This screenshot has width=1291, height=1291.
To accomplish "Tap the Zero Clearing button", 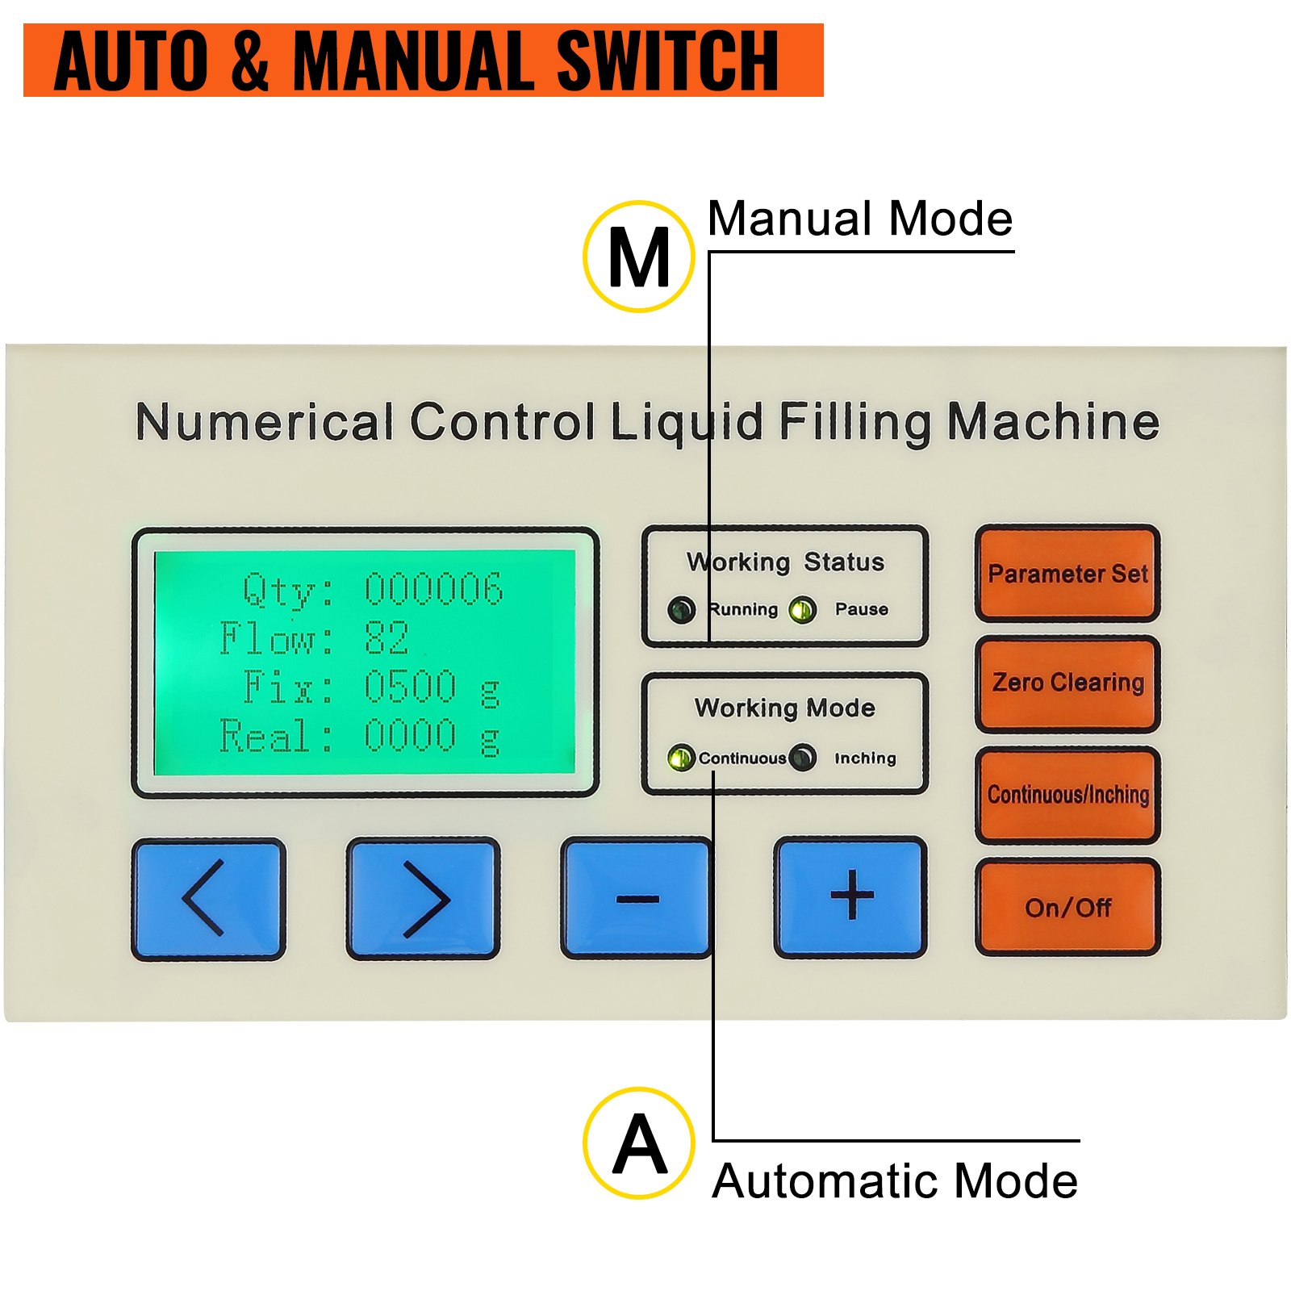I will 1067,683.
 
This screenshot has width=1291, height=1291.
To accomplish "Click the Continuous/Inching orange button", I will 1067,794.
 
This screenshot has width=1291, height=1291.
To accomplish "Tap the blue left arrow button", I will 208,897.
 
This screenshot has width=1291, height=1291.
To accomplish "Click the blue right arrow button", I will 423,897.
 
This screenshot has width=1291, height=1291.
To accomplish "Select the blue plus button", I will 851,896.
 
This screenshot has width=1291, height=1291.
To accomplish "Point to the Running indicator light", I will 682,609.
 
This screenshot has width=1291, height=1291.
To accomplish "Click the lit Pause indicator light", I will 802,609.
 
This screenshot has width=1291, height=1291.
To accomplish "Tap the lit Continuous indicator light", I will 680,758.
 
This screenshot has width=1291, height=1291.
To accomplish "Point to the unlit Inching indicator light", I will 802,758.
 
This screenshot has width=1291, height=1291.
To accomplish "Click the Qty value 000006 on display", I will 433,589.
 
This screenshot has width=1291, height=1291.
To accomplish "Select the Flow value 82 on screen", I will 386,638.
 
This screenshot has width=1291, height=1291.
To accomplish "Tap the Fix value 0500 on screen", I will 410,687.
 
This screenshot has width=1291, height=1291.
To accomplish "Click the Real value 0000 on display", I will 410,736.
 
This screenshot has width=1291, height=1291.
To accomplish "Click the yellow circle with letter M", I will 638,257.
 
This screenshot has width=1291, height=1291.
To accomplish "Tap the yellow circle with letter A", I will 638,1143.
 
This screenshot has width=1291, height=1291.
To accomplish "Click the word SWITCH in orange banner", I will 666,61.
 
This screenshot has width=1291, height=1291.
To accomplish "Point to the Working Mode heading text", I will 784,708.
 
